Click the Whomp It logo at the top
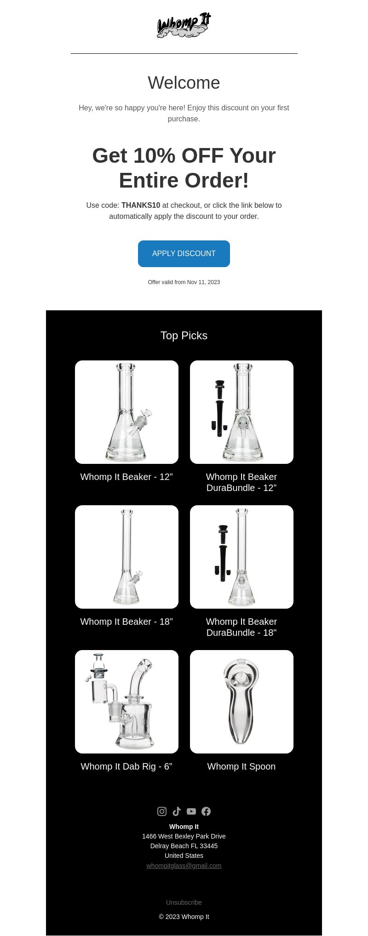(x=184, y=25)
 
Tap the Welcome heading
(x=184, y=83)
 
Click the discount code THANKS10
(x=141, y=205)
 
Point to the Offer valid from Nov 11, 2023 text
(x=184, y=282)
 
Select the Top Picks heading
(x=184, y=336)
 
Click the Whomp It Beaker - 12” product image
(x=126, y=412)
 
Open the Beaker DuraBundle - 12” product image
(x=241, y=412)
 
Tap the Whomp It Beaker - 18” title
(x=126, y=622)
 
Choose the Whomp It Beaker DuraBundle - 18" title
(x=241, y=627)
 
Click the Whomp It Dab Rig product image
(x=126, y=702)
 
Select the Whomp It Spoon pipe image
(x=241, y=702)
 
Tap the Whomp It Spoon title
(x=241, y=766)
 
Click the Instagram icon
(x=162, y=811)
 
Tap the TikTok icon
(x=177, y=811)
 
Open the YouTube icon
(x=191, y=811)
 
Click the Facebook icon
(x=206, y=811)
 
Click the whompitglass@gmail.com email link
(x=184, y=866)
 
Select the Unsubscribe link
(x=184, y=902)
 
